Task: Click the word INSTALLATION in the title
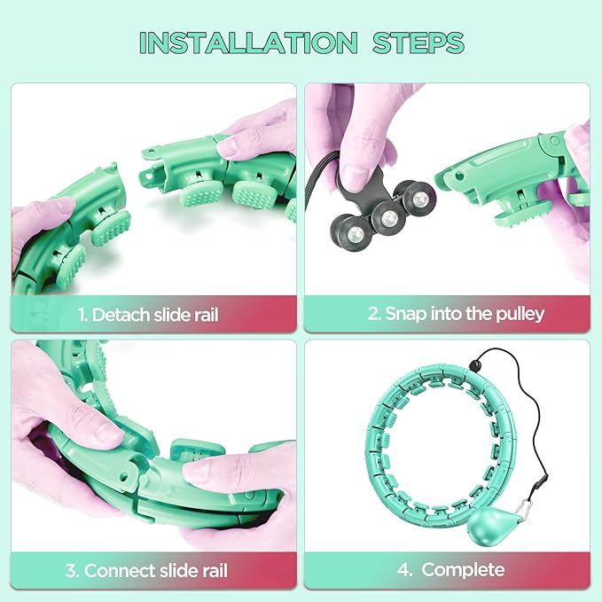(248, 43)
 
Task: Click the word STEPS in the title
(418, 43)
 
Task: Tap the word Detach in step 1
(121, 315)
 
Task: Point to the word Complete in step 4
(463, 570)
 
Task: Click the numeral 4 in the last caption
(404, 570)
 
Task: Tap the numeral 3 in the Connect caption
(72, 570)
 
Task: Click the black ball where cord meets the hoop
(475, 364)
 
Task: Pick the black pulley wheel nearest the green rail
(418, 197)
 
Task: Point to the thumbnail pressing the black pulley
(356, 177)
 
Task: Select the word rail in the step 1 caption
(207, 315)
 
